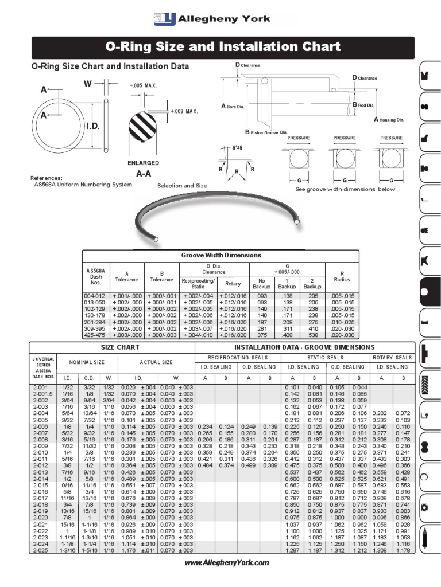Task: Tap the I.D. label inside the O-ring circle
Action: point(93,126)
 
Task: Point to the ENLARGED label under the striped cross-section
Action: point(143,163)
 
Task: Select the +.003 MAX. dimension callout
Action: point(184,111)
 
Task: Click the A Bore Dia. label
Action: point(237,106)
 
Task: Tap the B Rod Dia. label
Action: point(363,105)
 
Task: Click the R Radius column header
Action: point(342,276)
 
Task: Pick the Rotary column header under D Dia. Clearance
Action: point(233,284)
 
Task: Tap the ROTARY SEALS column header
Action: point(392,358)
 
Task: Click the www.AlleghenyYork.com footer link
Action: point(226,563)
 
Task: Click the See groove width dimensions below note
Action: point(345,189)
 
